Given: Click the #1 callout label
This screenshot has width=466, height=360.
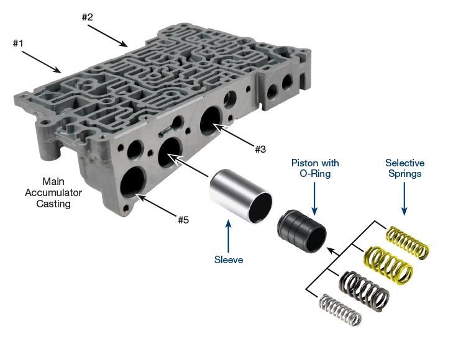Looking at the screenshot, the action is pos(18,43).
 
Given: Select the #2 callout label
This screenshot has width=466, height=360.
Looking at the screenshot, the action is pos(88,17).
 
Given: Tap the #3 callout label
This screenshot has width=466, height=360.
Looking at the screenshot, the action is pos(260,149).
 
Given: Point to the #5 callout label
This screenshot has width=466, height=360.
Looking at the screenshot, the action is pos(183,220).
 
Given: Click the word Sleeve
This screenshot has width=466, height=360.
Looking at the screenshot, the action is pos(229,259).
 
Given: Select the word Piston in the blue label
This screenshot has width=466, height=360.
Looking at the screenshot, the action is pos(303,163).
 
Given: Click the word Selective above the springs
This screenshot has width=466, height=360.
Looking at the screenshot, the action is pos(404,163).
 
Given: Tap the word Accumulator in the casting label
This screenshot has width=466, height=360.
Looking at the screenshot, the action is pos(53,192).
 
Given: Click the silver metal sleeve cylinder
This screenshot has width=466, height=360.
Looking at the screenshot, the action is pos(240,196).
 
